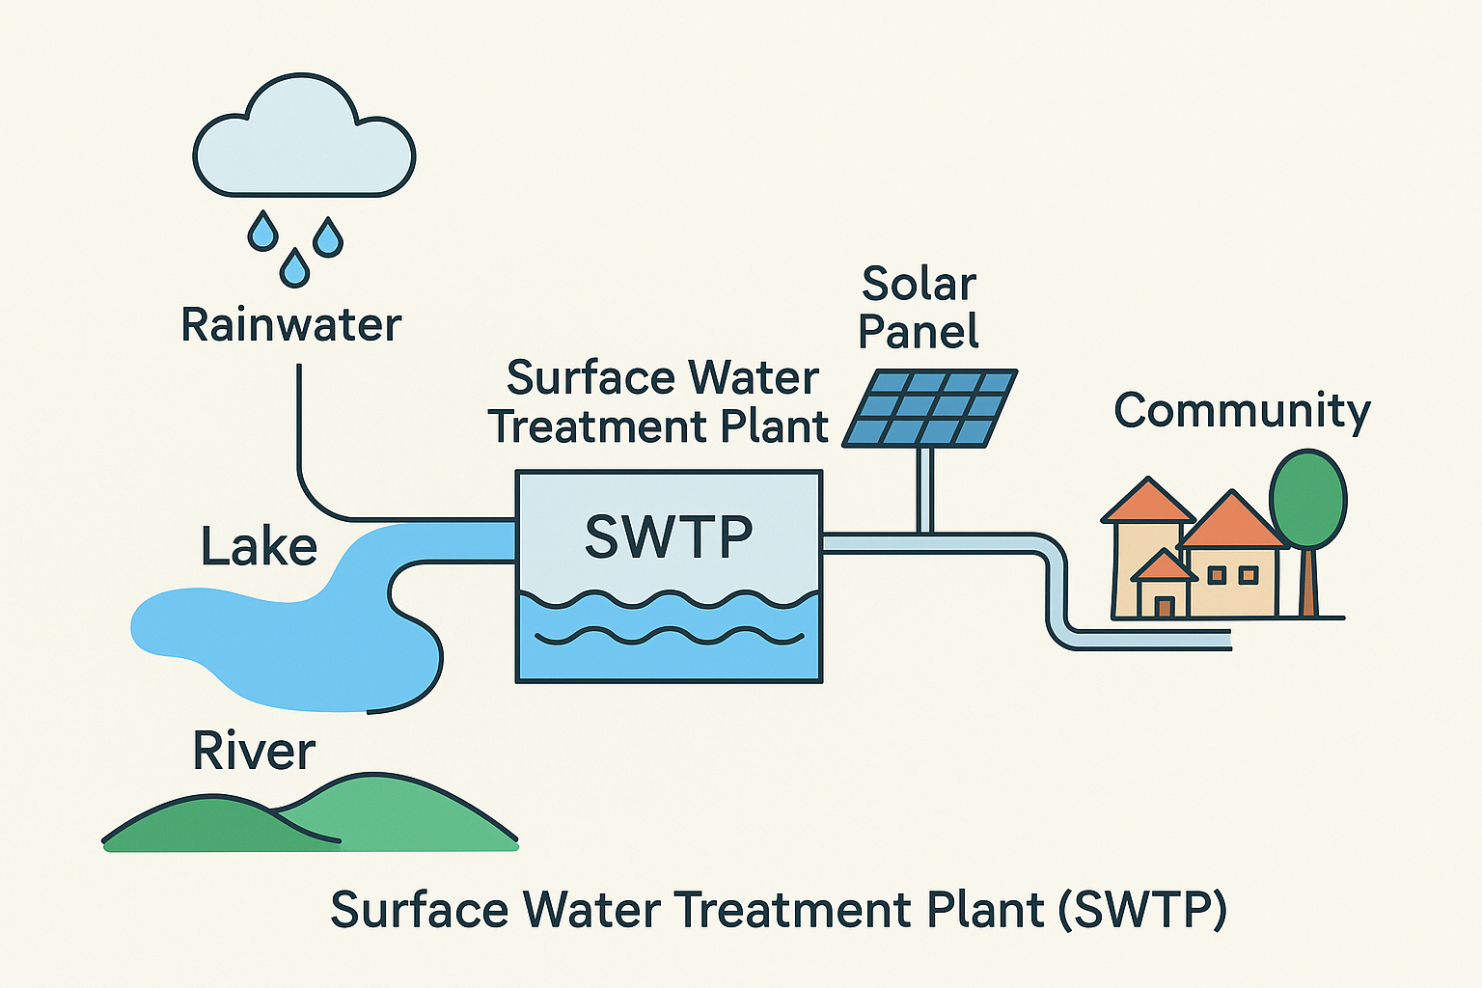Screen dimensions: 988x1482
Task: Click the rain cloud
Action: (x=304, y=145)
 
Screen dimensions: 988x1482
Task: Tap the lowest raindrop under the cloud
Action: (x=294, y=267)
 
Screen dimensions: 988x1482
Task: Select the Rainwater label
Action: (x=290, y=325)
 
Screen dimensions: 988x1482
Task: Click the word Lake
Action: (x=259, y=547)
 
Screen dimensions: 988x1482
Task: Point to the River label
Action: (x=254, y=751)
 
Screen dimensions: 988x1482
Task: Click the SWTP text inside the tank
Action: (x=669, y=537)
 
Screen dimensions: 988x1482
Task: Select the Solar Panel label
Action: (x=919, y=308)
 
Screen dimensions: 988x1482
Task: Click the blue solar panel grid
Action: (x=930, y=407)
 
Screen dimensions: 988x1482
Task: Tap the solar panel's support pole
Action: (x=925, y=488)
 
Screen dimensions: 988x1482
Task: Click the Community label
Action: (x=1242, y=411)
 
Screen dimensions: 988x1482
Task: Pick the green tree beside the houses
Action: (x=1307, y=500)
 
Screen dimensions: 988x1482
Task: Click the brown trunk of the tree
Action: (x=1308, y=583)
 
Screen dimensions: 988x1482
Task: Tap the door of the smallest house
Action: (x=1165, y=606)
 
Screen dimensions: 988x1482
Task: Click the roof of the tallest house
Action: (x=1147, y=502)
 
